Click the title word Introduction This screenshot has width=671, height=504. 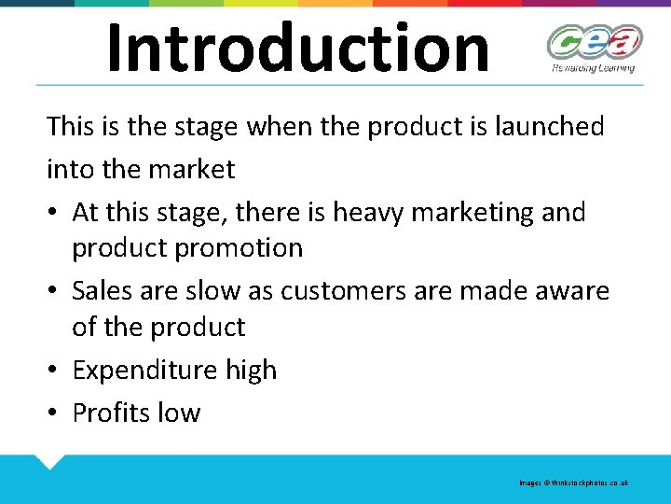coord(297,48)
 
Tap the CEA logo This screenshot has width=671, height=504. coord(594,42)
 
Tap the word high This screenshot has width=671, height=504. coord(251,371)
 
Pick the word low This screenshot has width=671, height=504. coord(181,413)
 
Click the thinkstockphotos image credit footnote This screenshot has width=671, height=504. coord(573,483)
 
